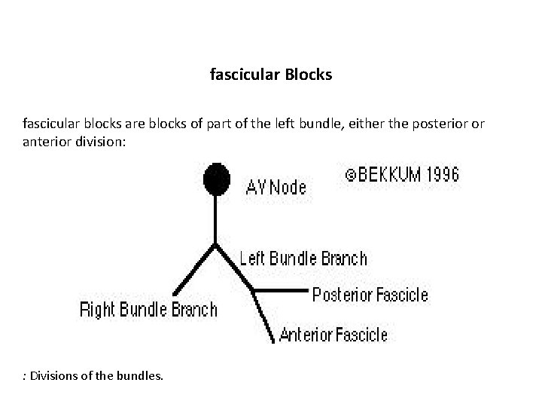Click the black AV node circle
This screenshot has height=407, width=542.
[x=217, y=179]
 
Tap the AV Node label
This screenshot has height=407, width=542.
[x=276, y=187]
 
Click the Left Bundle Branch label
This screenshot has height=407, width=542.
[x=303, y=259]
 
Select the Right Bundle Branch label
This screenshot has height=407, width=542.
[x=148, y=309]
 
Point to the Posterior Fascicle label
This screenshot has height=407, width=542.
[x=370, y=295]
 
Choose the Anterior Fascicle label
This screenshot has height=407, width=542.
[x=333, y=335]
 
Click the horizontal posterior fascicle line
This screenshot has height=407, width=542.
[x=280, y=290]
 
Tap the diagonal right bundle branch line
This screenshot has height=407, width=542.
[x=194, y=270]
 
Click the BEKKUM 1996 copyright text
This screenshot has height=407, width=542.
[x=402, y=175]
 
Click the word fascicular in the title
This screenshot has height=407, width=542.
[x=243, y=76]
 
